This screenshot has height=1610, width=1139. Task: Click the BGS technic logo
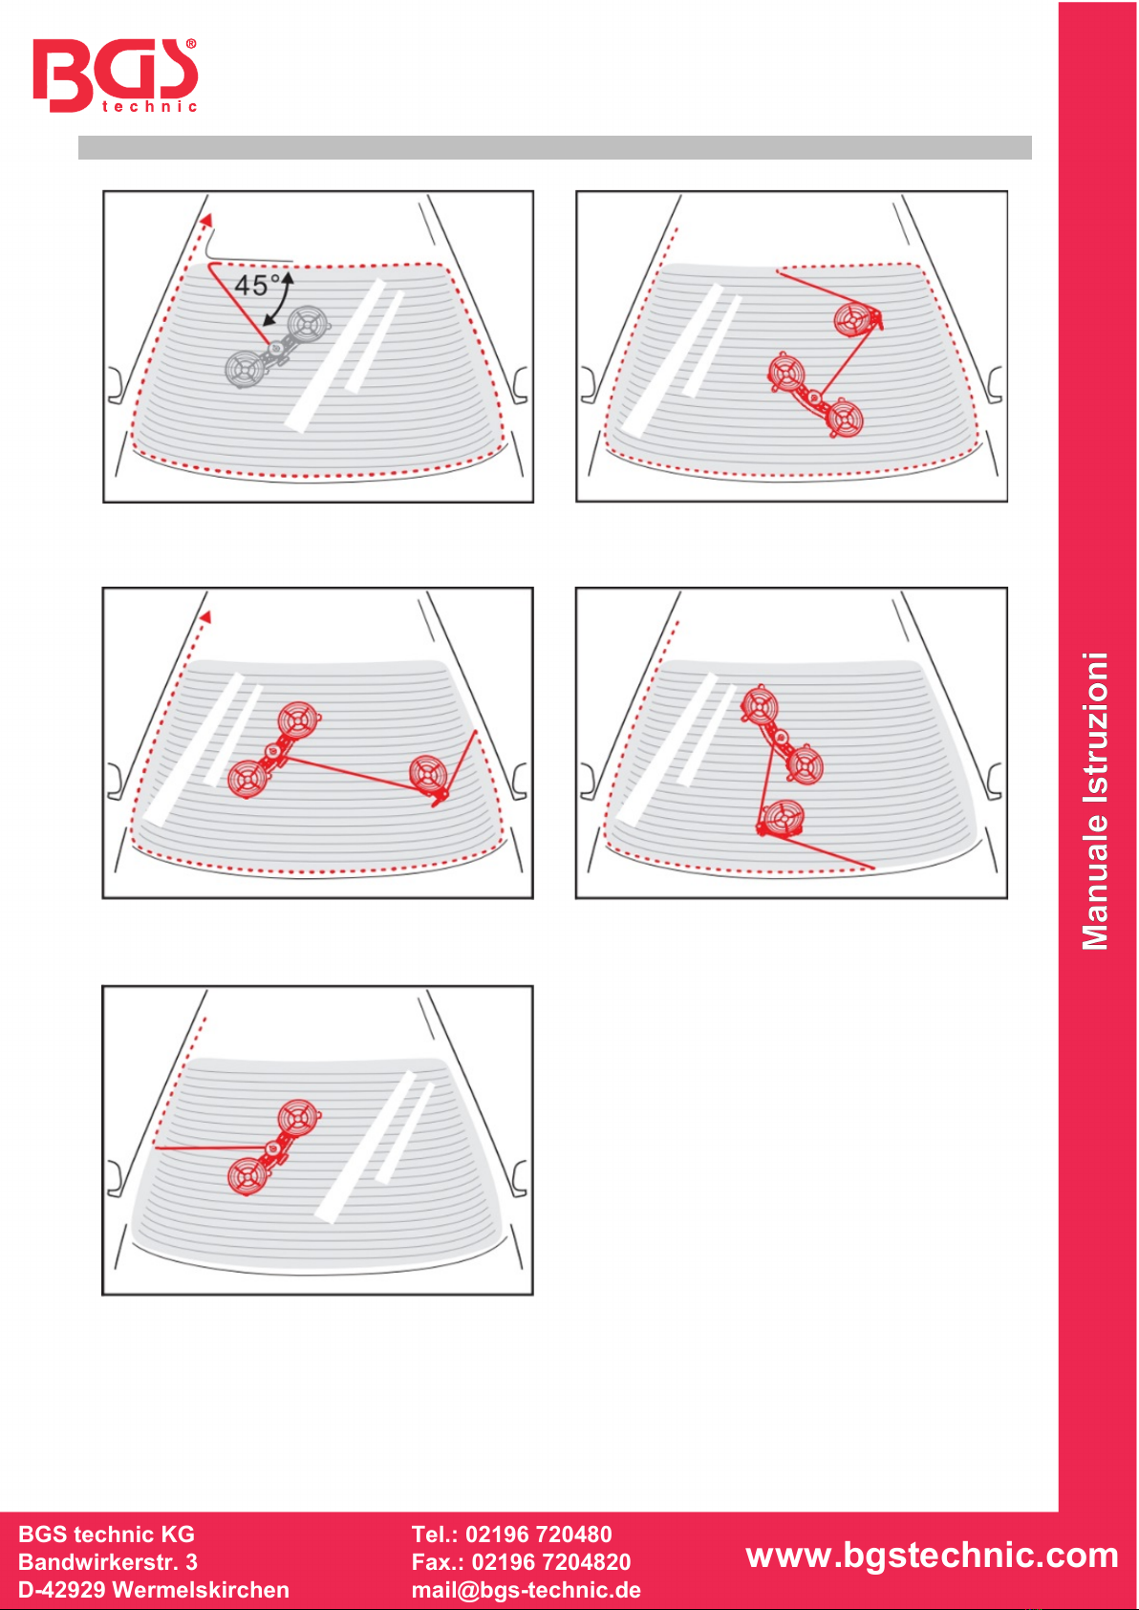115,75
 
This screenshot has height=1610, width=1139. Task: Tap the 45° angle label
256,286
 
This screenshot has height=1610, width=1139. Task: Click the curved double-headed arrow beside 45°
280,300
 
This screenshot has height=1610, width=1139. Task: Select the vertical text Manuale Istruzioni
1095,801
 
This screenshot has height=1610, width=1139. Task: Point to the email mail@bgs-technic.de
527,1589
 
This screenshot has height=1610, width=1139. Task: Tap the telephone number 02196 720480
538,1534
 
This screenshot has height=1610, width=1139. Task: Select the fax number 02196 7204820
550,1561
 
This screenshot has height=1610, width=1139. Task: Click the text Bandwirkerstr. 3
108,1561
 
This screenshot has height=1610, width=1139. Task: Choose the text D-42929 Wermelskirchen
154,1589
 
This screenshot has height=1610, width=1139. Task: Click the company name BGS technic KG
106,1534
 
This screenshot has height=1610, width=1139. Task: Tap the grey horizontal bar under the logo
555,147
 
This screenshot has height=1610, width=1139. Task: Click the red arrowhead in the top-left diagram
207,220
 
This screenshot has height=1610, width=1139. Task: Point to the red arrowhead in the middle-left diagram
205,616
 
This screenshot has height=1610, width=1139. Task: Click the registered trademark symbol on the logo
191,44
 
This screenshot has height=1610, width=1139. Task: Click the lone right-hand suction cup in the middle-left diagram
429,774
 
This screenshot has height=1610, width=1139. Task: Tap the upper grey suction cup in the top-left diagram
309,324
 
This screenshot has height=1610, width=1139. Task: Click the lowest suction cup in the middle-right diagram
783,817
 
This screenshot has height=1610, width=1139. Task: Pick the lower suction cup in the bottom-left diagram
247,1176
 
